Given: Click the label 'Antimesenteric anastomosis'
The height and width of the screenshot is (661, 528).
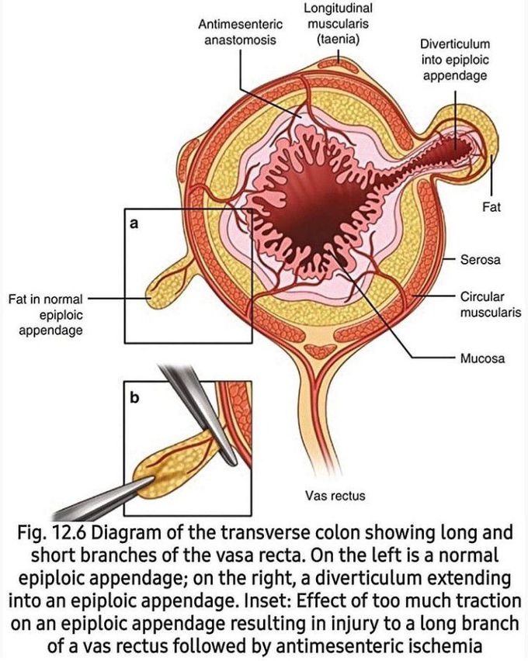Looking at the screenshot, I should pos(240,32).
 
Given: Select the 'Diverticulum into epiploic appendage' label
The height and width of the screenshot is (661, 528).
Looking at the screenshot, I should pos(454,59).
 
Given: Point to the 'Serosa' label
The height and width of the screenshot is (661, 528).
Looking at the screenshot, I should pos(480,260).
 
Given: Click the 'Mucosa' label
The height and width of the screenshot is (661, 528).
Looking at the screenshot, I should pos(482,358).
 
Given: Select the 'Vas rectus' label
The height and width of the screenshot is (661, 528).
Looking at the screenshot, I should pos(335,495).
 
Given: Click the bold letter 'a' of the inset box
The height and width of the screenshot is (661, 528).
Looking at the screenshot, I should pos(134,223).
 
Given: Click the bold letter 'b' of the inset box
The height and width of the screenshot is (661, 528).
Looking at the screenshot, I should pos(134,397).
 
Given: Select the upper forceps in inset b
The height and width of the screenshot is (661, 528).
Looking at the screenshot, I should pos(194,411).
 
